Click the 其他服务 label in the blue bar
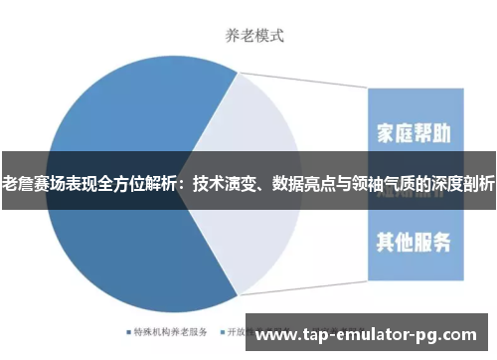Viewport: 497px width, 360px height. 415,241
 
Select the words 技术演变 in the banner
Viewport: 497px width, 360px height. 225,183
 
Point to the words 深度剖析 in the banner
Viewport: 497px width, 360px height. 463,183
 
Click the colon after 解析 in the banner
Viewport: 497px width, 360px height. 185,183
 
